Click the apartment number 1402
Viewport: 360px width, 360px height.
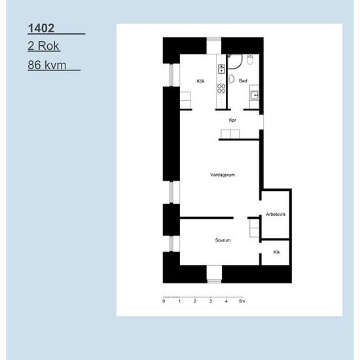[x=41, y=28]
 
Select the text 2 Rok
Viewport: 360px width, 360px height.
[x=44, y=46]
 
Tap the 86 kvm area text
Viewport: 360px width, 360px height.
[x=47, y=65]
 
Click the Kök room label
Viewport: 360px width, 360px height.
[x=200, y=81]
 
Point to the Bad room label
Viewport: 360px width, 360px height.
[x=243, y=81]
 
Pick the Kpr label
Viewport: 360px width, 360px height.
[x=232, y=120]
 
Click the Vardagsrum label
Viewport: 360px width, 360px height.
[x=223, y=175]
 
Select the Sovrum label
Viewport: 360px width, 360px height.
[x=223, y=240]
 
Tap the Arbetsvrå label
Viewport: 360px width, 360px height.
[x=276, y=215]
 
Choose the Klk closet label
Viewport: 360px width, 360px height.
[x=276, y=252]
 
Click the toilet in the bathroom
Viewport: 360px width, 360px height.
[x=250, y=60]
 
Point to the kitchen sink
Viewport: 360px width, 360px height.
[x=221, y=69]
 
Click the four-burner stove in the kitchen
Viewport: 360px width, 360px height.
[x=221, y=89]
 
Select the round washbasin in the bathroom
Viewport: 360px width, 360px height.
[x=231, y=79]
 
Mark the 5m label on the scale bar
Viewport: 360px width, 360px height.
[x=242, y=301]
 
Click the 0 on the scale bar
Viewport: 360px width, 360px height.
[x=164, y=301]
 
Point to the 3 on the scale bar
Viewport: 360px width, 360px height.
[x=211, y=301]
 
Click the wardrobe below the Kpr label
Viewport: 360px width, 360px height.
[x=230, y=134]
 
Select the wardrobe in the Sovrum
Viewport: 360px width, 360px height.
[x=255, y=228]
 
